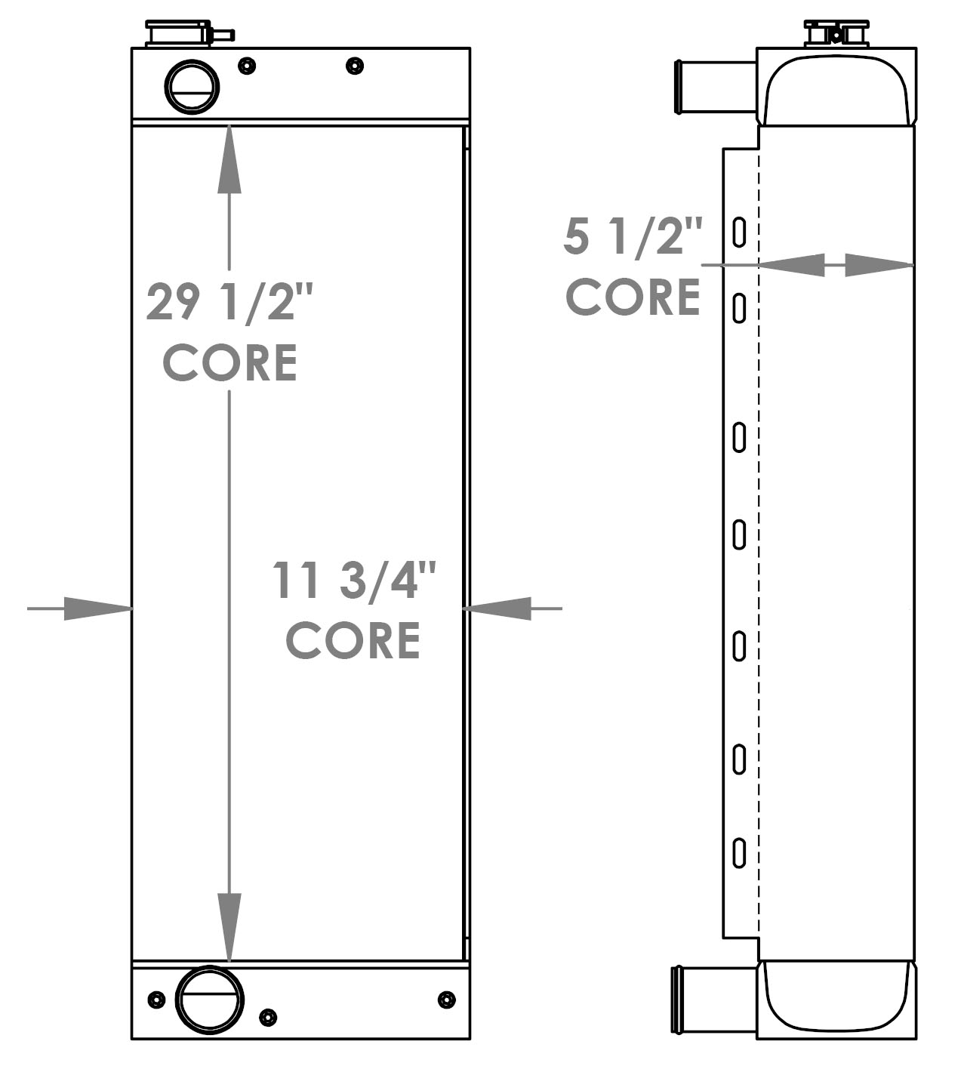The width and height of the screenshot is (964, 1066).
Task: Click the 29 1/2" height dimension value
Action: click(x=229, y=302)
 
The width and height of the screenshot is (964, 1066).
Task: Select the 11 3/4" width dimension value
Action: click(x=354, y=581)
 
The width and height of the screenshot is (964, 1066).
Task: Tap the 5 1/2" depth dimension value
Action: click(x=633, y=236)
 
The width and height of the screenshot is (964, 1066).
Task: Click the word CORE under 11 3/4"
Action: click(x=353, y=640)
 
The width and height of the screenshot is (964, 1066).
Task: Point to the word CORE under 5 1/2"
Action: click(x=633, y=297)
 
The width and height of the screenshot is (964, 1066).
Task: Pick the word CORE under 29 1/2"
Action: click(x=229, y=362)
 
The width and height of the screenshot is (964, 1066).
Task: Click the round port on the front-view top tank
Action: click(x=192, y=86)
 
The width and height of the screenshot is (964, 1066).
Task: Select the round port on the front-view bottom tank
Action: click(x=209, y=1000)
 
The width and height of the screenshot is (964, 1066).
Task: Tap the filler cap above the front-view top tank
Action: click(x=179, y=34)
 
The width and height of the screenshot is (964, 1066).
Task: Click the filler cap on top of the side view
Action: click(x=836, y=34)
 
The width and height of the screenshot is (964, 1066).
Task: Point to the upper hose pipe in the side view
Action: click(x=714, y=86)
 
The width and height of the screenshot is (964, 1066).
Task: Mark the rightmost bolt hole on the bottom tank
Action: click(x=447, y=1000)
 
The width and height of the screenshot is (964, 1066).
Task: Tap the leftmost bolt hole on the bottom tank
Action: click(x=156, y=1000)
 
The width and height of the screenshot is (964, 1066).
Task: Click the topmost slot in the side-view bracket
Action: click(x=740, y=232)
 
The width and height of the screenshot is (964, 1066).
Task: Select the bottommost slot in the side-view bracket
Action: click(x=740, y=852)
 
